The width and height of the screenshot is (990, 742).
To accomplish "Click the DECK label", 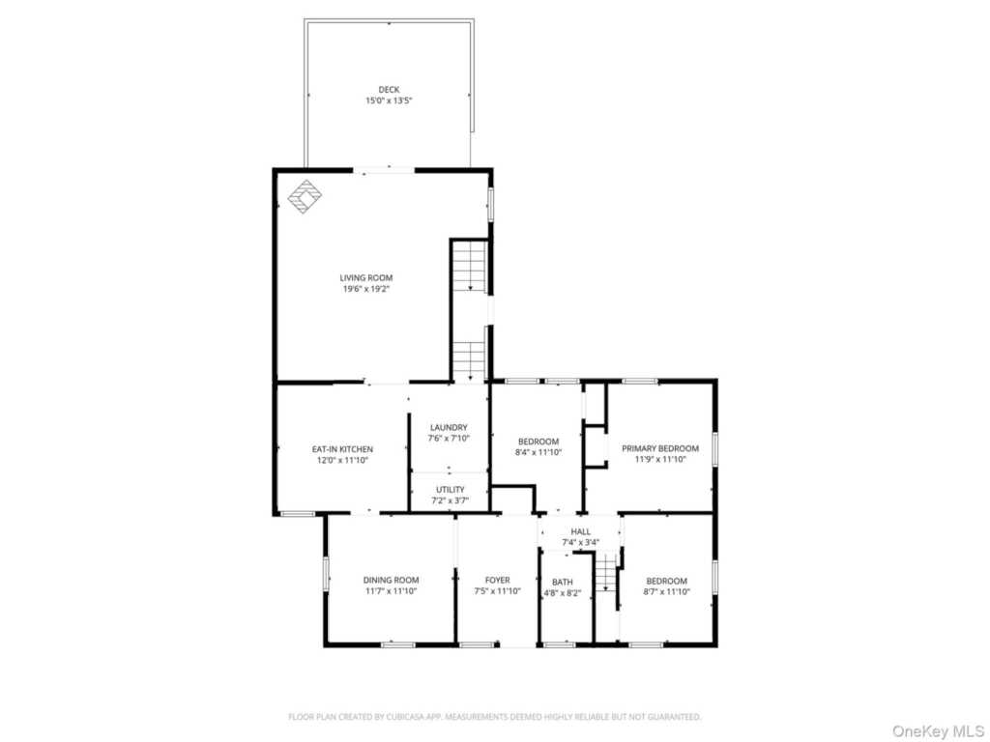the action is [389, 90].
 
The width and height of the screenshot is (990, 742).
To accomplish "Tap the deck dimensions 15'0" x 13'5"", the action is [389, 100].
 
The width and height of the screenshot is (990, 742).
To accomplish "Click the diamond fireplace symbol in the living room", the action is [305, 197].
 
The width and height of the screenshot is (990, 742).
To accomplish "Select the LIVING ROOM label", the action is [366, 277].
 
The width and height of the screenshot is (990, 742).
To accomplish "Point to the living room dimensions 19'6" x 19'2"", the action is [366, 289].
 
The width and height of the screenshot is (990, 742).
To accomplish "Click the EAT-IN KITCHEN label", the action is [342, 449].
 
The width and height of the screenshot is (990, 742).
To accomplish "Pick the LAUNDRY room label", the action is [449, 427].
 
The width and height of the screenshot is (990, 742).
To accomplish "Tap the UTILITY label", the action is [451, 490].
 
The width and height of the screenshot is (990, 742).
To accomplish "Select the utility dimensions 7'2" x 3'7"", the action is [451, 501].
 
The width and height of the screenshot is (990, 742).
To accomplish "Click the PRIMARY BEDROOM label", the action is [660, 448].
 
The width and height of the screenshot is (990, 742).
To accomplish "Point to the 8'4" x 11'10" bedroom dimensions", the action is [539, 452].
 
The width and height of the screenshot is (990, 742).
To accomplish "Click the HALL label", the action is [581, 532].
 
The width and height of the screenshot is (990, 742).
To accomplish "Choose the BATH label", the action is [563, 583].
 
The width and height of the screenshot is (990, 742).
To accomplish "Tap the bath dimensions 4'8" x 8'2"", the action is [563, 593].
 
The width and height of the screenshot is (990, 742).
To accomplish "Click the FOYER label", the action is [498, 580].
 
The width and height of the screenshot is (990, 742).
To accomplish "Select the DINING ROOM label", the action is [391, 580].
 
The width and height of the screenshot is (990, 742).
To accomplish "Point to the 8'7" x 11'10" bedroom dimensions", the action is [667, 592].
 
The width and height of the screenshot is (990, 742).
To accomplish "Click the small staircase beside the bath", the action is [606, 572].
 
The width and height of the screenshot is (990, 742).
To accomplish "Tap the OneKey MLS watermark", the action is [938, 731].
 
